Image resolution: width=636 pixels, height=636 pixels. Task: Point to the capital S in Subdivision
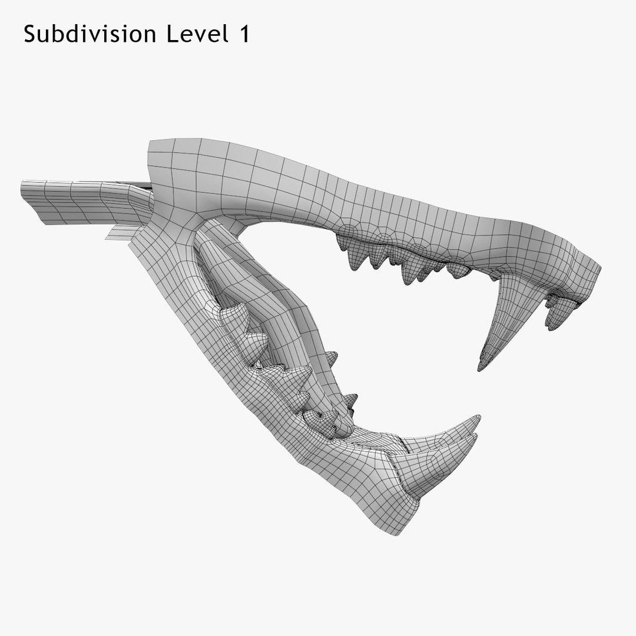(x=30, y=35)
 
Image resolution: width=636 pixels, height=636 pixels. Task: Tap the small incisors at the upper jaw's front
(x=556, y=312)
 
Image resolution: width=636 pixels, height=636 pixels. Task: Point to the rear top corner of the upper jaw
(x=151, y=144)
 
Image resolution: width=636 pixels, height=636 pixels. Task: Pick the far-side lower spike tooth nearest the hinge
(x=331, y=357)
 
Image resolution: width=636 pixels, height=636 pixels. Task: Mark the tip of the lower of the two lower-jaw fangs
(x=475, y=437)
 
